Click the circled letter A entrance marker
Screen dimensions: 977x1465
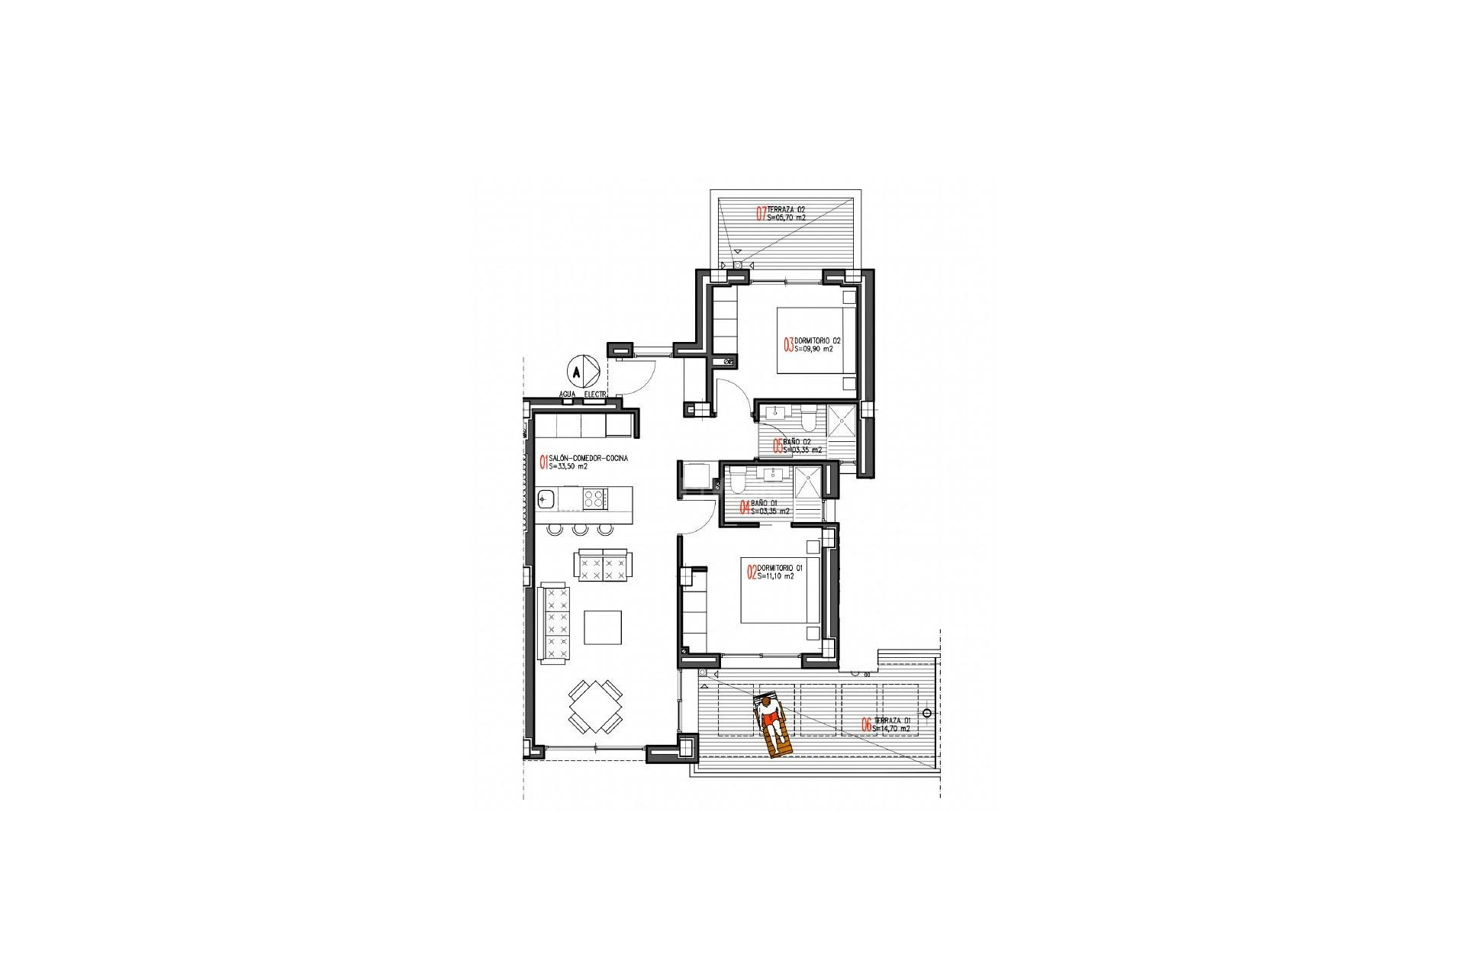click(578, 372)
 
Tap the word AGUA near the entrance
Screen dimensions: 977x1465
click(567, 395)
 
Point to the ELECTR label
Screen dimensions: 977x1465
click(594, 395)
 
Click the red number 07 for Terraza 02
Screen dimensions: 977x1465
click(761, 214)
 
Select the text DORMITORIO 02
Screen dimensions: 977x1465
click(817, 340)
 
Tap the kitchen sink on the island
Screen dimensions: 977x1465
click(546, 500)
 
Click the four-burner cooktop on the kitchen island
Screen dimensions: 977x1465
click(595, 499)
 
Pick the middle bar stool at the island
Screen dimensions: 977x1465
click(580, 529)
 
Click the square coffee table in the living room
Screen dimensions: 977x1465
click(604, 627)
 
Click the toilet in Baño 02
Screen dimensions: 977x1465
click(809, 418)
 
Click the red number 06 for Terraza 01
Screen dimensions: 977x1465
click(867, 725)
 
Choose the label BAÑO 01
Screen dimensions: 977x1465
click(764, 503)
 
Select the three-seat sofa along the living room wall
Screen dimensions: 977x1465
click(555, 623)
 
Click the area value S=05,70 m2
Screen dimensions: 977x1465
click(786, 218)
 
